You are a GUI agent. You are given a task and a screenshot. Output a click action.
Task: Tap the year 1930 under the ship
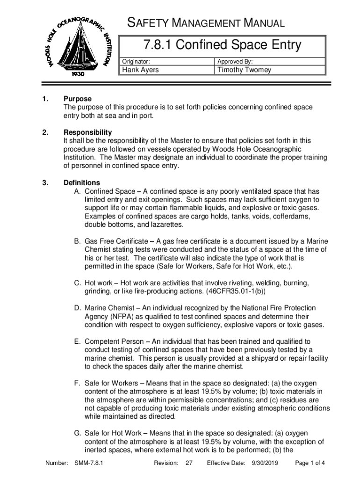(78, 74)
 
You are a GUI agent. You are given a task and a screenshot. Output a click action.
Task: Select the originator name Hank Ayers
(140, 70)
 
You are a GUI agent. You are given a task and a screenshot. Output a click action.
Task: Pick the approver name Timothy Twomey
(244, 70)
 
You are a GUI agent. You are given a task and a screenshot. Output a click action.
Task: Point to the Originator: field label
(136, 61)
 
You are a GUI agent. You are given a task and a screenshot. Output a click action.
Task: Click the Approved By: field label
(235, 61)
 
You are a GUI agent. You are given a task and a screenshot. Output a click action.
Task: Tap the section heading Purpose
(78, 99)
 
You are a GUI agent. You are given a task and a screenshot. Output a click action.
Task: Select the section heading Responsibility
(88, 132)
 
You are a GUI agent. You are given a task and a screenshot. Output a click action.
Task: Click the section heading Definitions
(82, 182)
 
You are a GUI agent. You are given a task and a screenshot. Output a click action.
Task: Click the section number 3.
(45, 182)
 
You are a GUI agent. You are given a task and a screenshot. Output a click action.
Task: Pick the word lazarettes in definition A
(164, 225)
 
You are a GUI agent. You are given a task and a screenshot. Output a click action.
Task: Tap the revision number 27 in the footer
(189, 464)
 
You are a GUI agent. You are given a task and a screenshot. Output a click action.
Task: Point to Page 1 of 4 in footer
(310, 464)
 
